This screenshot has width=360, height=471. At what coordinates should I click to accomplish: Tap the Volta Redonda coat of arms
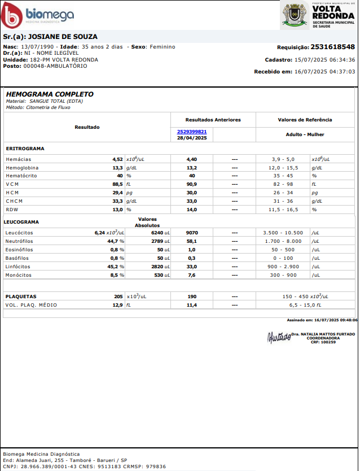295,15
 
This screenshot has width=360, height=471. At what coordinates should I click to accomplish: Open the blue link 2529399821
192,132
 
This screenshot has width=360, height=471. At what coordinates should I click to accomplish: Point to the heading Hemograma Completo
50,94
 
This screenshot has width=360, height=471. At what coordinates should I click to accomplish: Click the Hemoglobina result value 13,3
117,168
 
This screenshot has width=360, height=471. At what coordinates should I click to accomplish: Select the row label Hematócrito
22,176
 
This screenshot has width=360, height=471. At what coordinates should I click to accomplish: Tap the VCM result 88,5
117,185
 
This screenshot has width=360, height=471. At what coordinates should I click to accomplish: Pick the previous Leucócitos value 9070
192,233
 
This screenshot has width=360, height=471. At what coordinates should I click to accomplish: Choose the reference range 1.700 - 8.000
283,241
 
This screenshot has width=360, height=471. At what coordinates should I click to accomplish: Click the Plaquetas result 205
118,296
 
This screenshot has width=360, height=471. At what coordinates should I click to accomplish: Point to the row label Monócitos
19,275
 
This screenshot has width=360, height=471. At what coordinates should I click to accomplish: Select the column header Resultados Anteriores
213,120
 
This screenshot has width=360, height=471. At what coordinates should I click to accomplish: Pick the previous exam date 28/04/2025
192,138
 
